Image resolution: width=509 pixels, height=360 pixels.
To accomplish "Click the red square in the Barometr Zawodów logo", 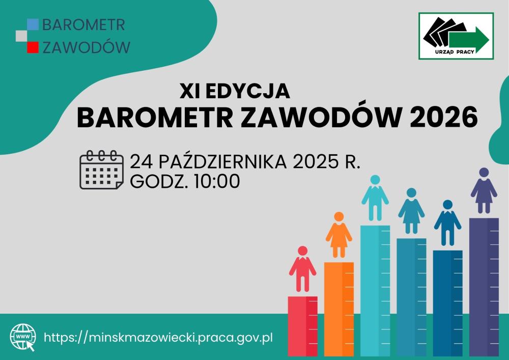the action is point(33,47).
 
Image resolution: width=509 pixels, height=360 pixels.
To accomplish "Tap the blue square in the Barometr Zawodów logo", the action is point(33,24).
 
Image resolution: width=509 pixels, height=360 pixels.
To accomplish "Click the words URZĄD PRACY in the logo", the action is point(455,52).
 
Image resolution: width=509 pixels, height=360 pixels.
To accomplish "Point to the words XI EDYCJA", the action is point(235,91).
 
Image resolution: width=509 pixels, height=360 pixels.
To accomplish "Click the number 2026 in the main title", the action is point(443,117).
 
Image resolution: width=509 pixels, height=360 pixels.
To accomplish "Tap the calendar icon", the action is point(102,170).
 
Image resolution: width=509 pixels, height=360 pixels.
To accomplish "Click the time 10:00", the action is point(217,181).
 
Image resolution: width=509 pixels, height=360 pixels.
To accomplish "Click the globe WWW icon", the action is point(23,338).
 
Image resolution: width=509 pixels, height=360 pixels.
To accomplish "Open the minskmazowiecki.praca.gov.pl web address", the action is point(158,338).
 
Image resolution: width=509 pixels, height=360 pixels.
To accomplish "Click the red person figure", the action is point(302,269).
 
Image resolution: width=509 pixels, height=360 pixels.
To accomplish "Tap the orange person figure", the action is point(339,235).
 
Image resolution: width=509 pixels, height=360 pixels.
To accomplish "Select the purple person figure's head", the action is point(484,173).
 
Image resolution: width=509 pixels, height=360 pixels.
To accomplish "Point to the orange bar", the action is point(339,309).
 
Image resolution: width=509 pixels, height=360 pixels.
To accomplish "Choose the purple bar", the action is point(484,287).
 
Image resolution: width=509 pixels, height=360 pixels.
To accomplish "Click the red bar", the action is point(302,326).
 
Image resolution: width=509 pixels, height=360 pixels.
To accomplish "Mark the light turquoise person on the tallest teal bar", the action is point(375,198).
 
